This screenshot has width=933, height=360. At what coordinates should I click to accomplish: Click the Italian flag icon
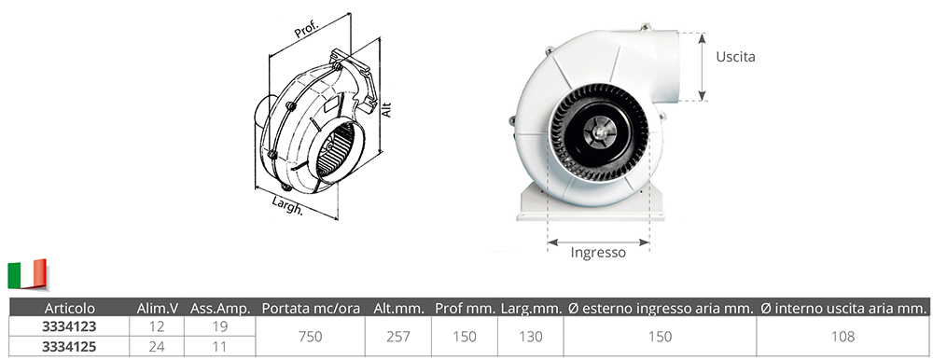pos(27,274)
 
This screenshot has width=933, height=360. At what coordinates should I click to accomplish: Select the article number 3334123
pos(70,326)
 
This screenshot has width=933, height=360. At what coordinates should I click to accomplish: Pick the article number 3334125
pos(70,346)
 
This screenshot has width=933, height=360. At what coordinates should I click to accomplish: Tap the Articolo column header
pos(70,308)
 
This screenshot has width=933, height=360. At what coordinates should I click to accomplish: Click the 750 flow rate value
pos(310,337)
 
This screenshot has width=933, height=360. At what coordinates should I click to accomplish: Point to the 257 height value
pos(398,337)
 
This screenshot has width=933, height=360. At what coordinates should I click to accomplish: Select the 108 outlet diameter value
pos(842,337)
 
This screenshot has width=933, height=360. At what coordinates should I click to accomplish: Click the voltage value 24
pos(157,346)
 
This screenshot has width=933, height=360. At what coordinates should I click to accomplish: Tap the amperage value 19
pos(219,326)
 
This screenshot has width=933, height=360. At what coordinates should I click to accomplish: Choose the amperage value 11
pos(219,346)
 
